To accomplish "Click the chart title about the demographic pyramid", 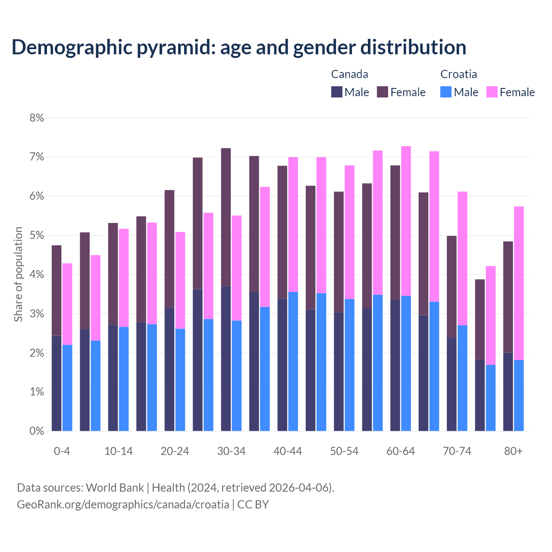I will [239, 47].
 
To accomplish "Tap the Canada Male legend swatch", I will [336, 92].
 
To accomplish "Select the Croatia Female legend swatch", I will [492, 92].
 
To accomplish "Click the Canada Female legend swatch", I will [383, 92].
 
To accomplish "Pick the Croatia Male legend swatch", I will [446, 92].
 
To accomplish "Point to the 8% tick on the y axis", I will [37, 118].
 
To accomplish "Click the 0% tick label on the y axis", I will [37, 431].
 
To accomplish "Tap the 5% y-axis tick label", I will [37, 235].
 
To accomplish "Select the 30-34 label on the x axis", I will [231, 451].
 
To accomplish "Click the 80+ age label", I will [513, 451].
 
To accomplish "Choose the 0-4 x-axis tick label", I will [62, 451].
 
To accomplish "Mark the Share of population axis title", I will [18, 274].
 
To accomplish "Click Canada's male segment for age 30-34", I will [226, 358].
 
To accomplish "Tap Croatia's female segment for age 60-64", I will [406, 221].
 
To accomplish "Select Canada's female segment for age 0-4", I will [56, 290].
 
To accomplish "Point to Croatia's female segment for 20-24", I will [180, 280].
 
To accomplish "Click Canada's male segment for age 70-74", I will [452, 384].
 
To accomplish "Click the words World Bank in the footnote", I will [115, 488].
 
